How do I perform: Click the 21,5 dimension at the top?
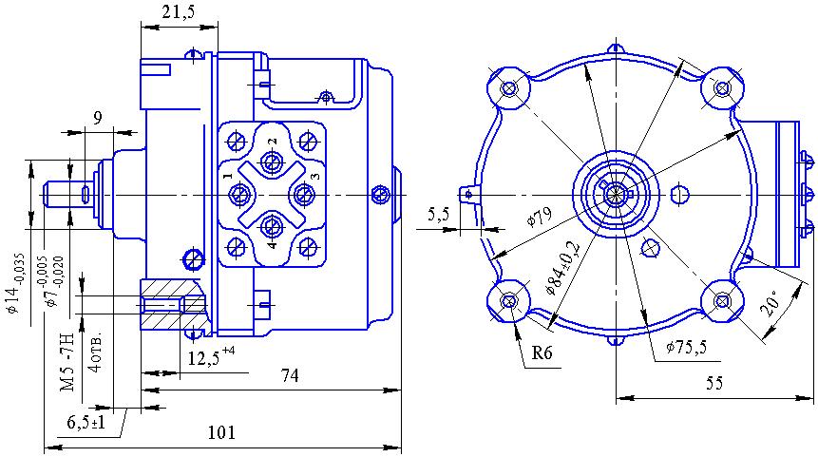pyautogui.click(x=179, y=12)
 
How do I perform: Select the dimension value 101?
pyautogui.click(x=220, y=433)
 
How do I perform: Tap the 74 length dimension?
pyautogui.click(x=290, y=376)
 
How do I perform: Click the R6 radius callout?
pyautogui.click(x=542, y=353)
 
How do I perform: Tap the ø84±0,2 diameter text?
pyautogui.click(x=565, y=271)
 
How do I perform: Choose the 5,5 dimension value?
pyautogui.click(x=439, y=215)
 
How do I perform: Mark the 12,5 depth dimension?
pyautogui.click(x=205, y=358)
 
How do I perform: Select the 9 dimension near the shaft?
pyautogui.click(x=97, y=118)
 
